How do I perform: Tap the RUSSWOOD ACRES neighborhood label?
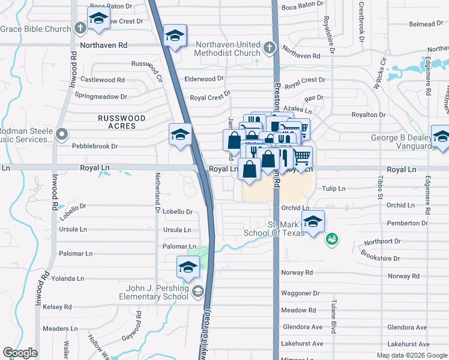[x=121, y=122]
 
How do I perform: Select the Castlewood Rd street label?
[x=103, y=80]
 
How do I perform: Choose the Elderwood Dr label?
[x=204, y=79]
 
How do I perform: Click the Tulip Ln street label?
[x=334, y=188]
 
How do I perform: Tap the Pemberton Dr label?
[x=408, y=223]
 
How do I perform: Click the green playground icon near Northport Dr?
[x=330, y=240]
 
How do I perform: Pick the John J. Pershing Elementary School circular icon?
[x=198, y=292]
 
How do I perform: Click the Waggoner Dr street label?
[x=300, y=293]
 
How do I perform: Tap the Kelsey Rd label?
[x=57, y=307]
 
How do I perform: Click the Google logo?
[x=20, y=353]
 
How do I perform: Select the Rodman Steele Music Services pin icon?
[x=61, y=135]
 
